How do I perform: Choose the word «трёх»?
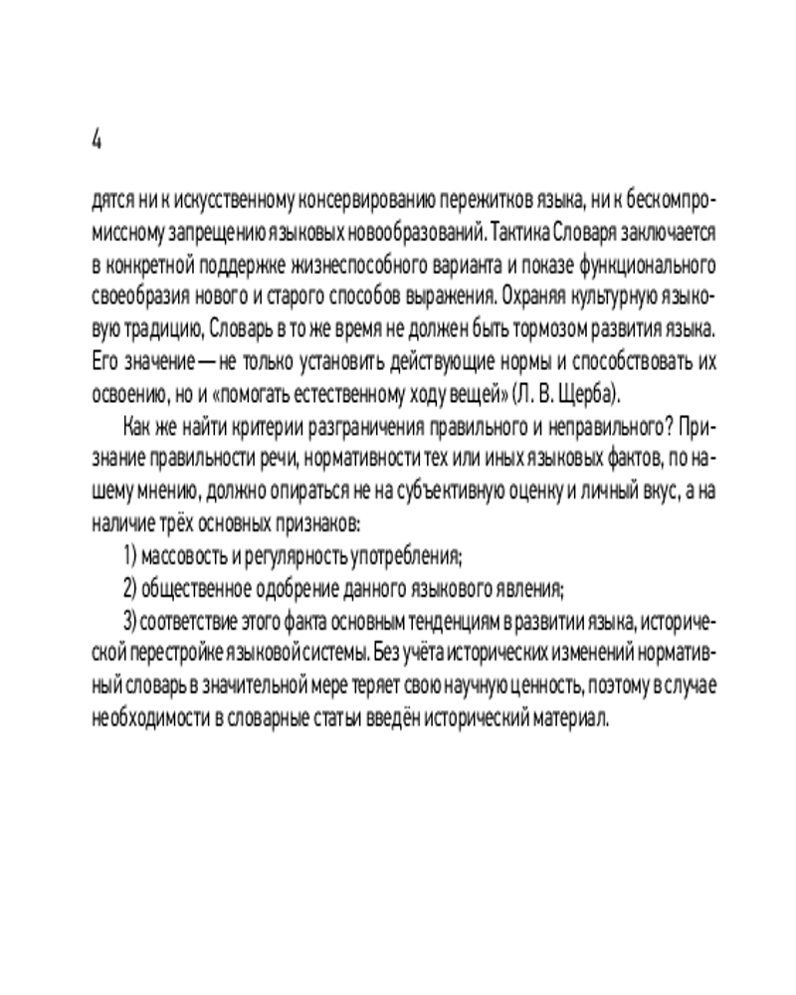click(x=178, y=521)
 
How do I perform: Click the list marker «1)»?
click(x=129, y=555)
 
